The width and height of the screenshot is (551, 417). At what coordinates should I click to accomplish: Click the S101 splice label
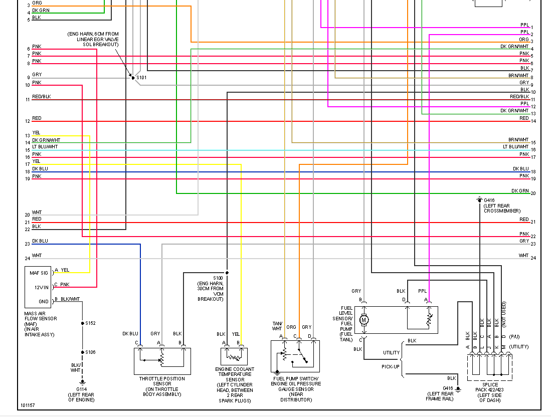tap(141, 78)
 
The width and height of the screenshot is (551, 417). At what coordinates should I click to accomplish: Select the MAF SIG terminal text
tap(39, 273)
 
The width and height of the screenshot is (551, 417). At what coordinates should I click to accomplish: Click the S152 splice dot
tap(83, 323)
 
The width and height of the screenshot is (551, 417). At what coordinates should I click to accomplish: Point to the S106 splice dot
tap(83, 352)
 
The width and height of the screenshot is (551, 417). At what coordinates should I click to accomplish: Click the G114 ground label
tap(82, 389)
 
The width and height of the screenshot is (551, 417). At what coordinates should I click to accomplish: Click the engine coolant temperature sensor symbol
tap(234, 356)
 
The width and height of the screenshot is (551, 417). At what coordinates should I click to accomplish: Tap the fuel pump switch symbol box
tap(295, 356)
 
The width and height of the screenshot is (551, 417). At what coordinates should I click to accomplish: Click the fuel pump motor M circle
tap(364, 319)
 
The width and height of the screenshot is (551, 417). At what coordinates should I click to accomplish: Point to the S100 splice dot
tap(227, 273)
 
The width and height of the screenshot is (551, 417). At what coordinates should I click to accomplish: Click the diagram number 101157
tap(28, 405)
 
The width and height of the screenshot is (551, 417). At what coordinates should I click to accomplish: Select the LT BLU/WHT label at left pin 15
tap(45, 147)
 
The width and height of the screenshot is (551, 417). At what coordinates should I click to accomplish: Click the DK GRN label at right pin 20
tap(520, 190)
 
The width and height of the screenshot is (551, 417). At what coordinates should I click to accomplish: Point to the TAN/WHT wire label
tap(277, 326)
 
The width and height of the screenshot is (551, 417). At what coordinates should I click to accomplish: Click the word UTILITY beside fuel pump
tap(392, 352)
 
